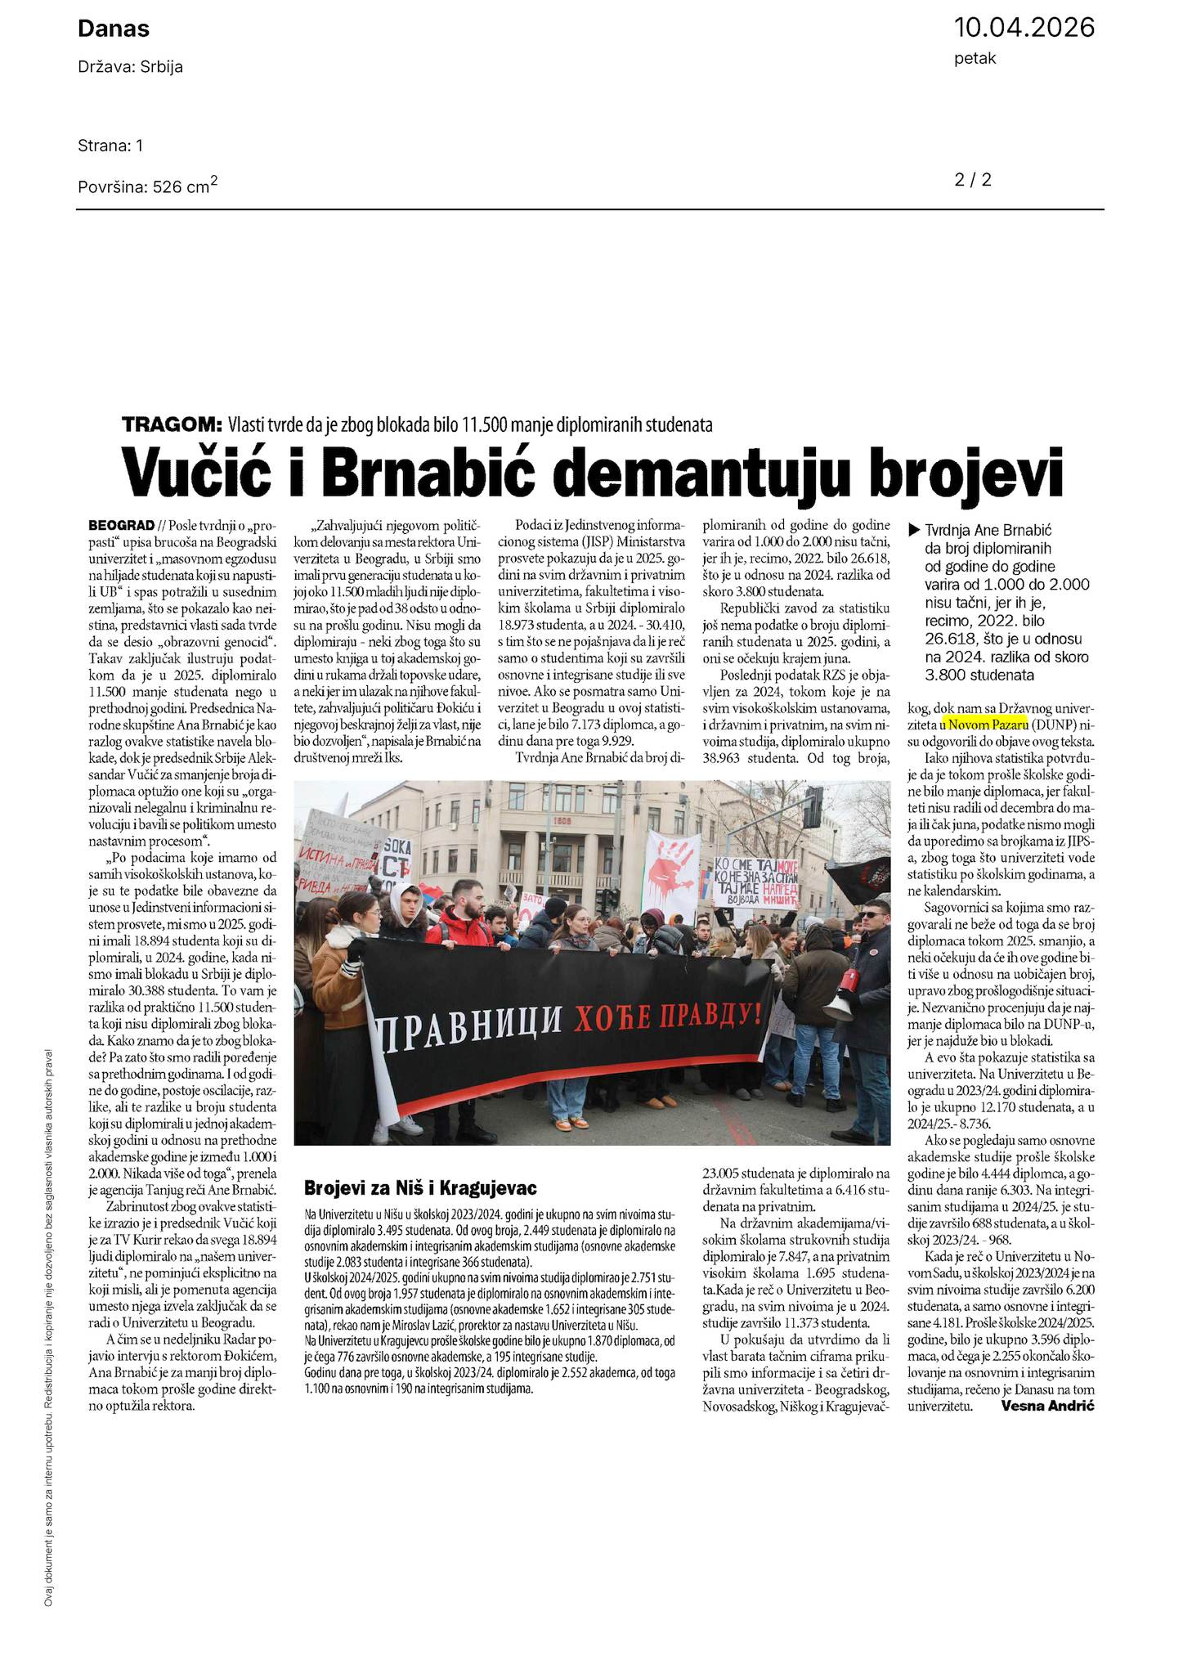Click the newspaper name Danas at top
click(x=114, y=29)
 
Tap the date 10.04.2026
click(x=1024, y=28)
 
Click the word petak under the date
click(x=975, y=59)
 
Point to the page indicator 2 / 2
click(x=973, y=180)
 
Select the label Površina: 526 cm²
click(x=147, y=186)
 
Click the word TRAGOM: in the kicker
click(x=172, y=424)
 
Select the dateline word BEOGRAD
click(x=121, y=524)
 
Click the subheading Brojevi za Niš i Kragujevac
click(x=420, y=1187)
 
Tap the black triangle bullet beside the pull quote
click(x=914, y=529)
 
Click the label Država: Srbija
click(x=130, y=67)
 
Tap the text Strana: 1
click(x=110, y=146)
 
